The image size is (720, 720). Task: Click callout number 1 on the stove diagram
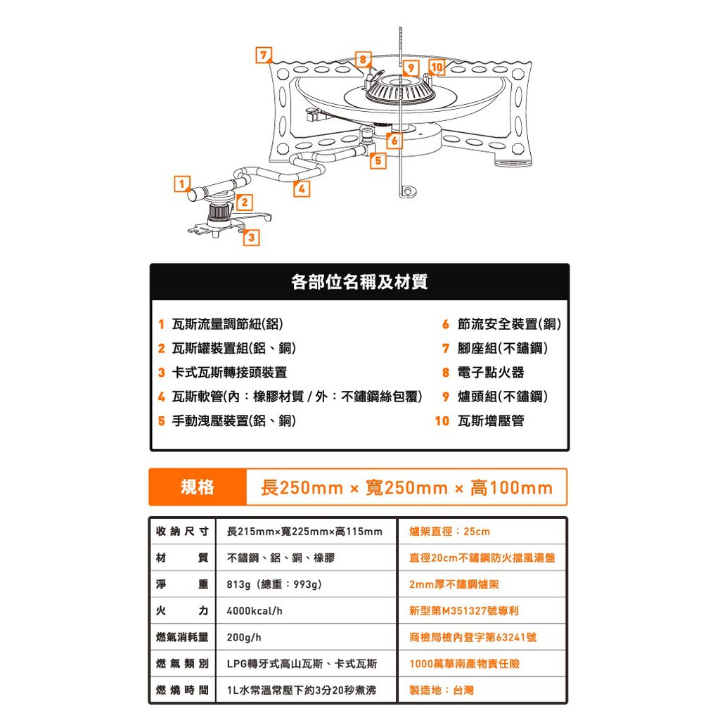pos(182,184)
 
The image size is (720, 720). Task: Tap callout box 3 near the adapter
pos(251,238)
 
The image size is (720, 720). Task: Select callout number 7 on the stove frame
pos(264,55)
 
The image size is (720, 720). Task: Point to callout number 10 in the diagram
pos(437,67)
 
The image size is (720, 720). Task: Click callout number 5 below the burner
pos(378,161)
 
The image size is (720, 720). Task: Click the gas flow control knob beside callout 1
pos(196,193)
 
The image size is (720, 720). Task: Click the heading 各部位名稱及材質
pos(359,281)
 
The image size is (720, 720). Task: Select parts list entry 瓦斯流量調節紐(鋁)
pos(227,324)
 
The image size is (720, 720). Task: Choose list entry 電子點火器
pos(491,373)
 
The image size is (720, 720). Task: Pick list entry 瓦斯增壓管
pos(491,420)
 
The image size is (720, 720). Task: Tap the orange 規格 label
pos(198,487)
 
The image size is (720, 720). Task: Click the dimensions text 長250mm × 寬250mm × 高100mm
pos(407,488)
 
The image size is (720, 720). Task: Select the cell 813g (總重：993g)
pos(274,584)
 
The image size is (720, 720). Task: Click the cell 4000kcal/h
pos(255,611)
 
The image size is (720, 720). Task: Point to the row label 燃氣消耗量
pos(182,637)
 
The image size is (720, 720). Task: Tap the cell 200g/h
pos(244,637)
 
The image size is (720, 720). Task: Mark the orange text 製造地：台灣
pos(442,690)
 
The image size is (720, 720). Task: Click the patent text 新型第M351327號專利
pos(464,611)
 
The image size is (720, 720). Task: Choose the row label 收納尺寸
pos(182,532)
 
